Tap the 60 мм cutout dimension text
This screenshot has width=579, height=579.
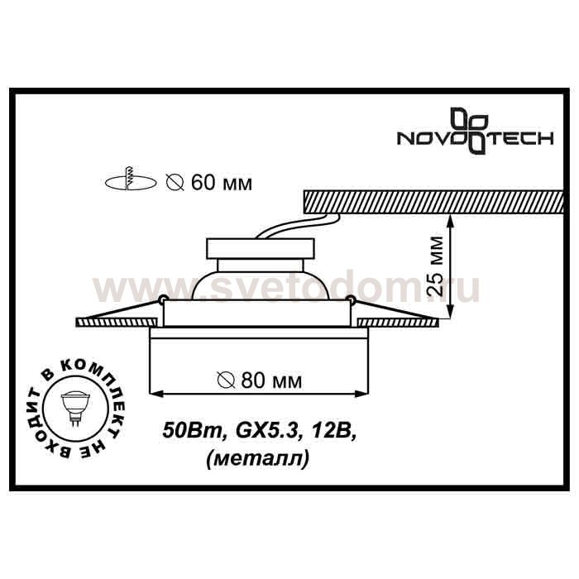(222, 183)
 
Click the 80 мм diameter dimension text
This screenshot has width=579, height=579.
(271, 380)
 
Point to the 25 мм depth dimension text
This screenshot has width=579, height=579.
(434, 266)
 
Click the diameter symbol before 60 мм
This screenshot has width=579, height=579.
(175, 183)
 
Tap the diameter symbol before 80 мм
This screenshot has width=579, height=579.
(226, 380)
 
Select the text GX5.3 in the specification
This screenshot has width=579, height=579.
(266, 432)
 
